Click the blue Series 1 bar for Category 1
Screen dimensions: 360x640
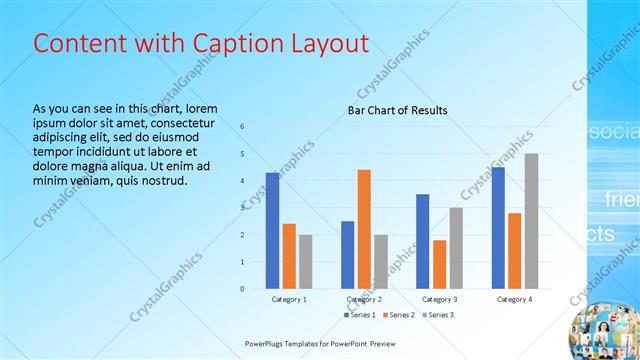pos(272,230)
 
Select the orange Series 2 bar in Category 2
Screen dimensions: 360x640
pos(364,229)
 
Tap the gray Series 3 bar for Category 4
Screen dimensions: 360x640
pos(531,221)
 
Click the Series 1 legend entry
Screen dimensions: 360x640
pos(362,315)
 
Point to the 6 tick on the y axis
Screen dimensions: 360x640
pos(242,126)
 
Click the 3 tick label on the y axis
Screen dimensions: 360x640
pos(242,208)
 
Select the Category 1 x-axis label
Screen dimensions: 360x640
pos(289,299)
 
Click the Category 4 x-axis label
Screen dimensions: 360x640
pos(514,299)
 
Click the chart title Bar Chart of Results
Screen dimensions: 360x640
pos(397,110)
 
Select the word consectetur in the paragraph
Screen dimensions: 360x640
pos(172,122)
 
